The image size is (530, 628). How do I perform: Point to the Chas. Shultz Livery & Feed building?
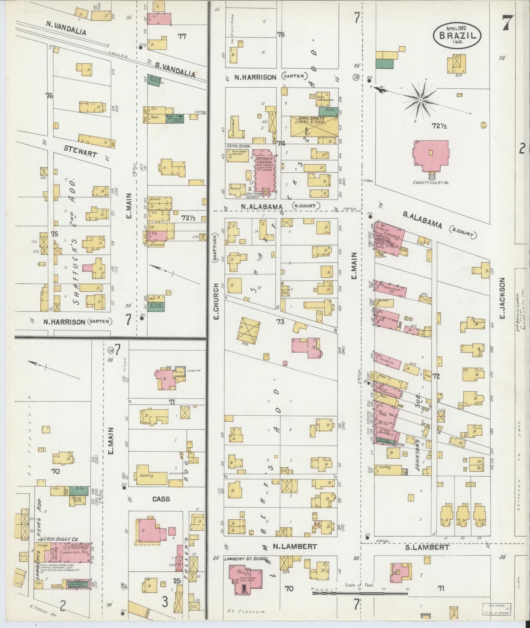(x=314, y=126)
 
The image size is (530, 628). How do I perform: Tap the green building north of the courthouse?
(x=384, y=64)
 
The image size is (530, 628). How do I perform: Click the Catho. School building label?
(x=239, y=146)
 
